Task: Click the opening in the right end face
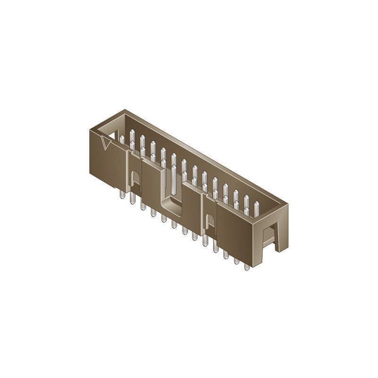pos(269,236)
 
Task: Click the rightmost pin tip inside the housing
pos(257,204)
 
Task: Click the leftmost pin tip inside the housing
pos(122,138)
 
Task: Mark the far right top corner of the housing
pos(287,204)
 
